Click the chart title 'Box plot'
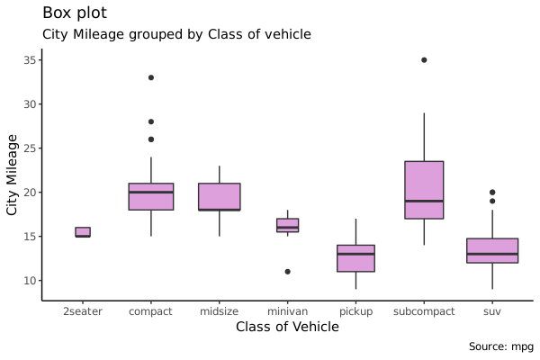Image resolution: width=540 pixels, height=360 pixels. (x=74, y=13)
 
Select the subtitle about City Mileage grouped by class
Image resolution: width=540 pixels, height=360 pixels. (x=176, y=34)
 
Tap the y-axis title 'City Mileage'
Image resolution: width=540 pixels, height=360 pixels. (x=13, y=174)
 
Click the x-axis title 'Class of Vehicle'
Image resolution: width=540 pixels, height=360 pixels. (x=287, y=327)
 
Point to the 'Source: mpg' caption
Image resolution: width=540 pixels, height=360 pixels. (x=499, y=346)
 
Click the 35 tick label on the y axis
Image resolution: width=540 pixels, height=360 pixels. (x=29, y=60)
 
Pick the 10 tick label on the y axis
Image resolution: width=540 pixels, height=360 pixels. (x=29, y=281)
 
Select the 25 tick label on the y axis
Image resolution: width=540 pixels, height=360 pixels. (x=29, y=148)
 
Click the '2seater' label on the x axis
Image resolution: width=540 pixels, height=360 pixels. (x=83, y=311)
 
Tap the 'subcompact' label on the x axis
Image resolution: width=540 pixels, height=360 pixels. (x=424, y=311)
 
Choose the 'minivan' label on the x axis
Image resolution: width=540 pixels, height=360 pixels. (x=287, y=311)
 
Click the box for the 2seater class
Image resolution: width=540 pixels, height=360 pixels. (x=83, y=232)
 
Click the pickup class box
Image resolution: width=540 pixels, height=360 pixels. (x=355, y=258)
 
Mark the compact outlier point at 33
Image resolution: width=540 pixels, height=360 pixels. (x=151, y=77)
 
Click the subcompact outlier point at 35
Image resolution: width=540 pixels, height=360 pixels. (x=424, y=60)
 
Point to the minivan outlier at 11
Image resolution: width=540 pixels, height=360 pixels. (x=287, y=271)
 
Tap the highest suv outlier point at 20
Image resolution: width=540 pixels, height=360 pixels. (x=492, y=192)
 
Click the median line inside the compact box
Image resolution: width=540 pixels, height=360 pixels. (x=151, y=193)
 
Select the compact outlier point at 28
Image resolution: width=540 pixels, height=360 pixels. (x=151, y=121)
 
